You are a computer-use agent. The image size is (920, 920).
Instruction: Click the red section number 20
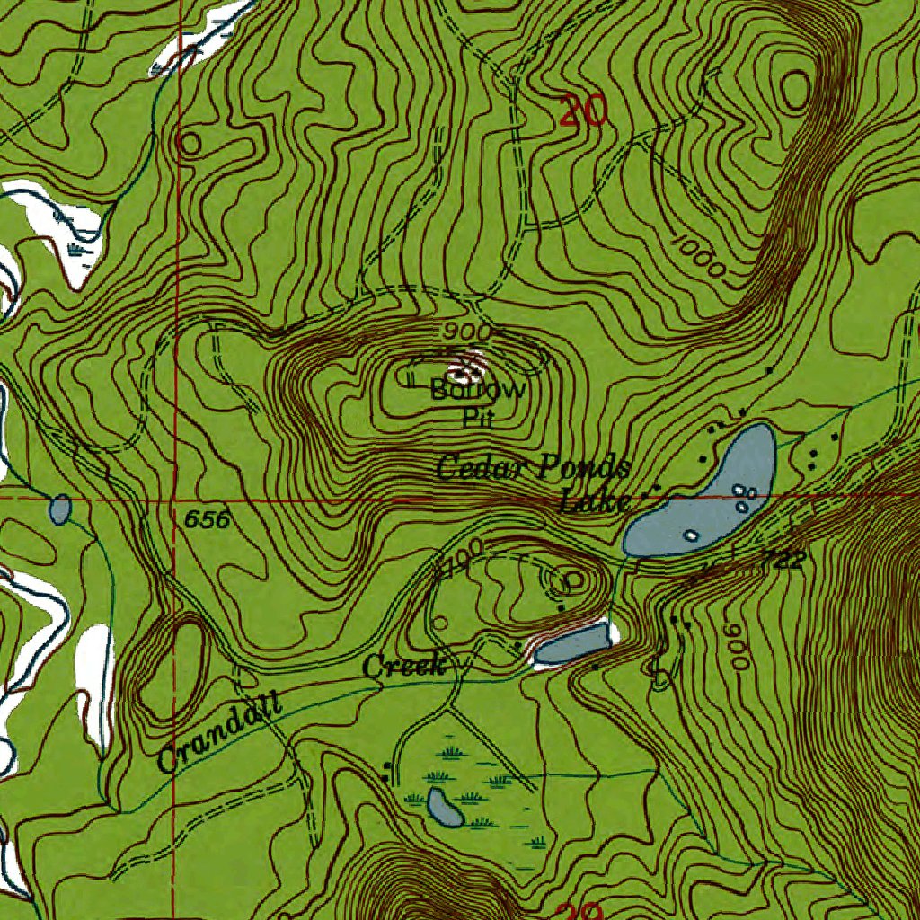(x=582, y=111)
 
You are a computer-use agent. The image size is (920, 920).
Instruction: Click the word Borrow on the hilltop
(x=478, y=391)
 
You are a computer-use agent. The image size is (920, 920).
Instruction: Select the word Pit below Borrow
(x=479, y=417)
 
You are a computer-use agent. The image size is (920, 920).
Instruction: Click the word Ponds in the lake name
(x=585, y=468)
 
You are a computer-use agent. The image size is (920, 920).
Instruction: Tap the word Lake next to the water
(x=594, y=501)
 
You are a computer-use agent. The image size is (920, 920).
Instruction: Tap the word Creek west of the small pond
(x=404, y=667)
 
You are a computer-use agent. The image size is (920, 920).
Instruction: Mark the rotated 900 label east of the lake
(x=737, y=646)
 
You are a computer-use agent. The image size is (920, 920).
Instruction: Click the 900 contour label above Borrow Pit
(x=466, y=332)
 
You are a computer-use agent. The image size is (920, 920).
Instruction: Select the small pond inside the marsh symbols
(x=445, y=808)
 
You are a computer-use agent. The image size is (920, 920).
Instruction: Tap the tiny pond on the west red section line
(x=60, y=509)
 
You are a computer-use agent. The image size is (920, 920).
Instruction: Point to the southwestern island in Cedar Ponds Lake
(x=691, y=535)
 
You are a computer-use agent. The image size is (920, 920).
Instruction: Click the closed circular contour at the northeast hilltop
(x=796, y=90)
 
